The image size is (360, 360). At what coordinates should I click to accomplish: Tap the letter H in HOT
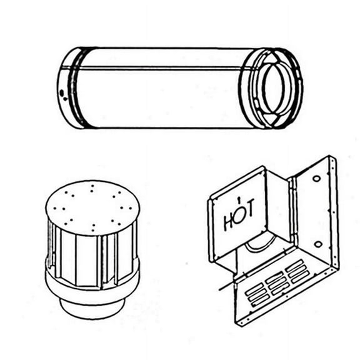coord(229,221)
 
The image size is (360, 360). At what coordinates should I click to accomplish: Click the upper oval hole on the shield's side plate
coord(316,179)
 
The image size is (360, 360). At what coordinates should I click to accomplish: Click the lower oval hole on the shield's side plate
coord(317,244)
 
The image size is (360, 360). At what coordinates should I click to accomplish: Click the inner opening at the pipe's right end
coord(273,87)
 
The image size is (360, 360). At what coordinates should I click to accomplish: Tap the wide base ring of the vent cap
coord(92,284)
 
